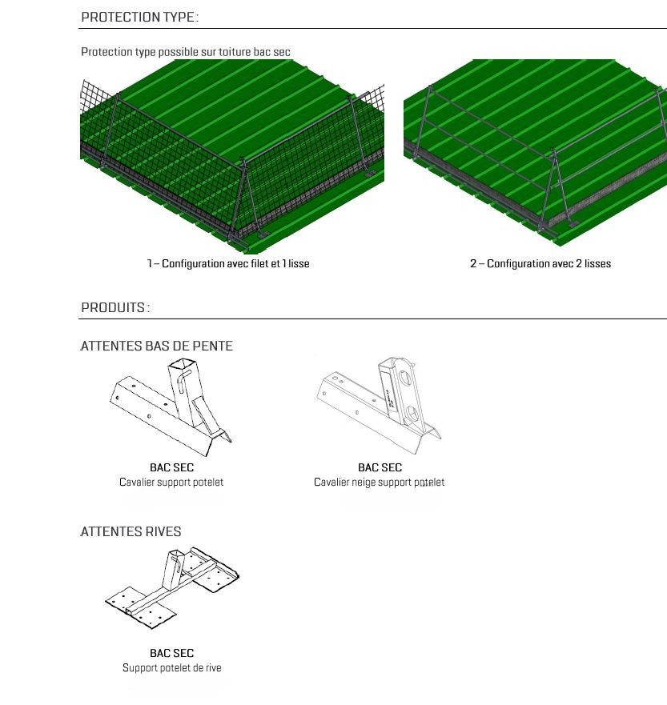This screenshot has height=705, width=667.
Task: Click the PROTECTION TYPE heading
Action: pos(139,17)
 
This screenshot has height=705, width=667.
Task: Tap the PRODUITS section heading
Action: pos(115,307)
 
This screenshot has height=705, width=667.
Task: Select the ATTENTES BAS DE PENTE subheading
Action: pos(156,346)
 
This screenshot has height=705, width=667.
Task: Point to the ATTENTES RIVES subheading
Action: pos(131,531)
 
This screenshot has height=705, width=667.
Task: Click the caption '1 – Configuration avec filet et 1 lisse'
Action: pos(228,263)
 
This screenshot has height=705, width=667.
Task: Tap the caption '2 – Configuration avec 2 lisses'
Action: pos(540,263)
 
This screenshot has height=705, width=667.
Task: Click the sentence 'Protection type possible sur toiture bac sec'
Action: pos(185,52)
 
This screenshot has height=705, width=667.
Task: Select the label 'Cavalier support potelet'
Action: pos(171,482)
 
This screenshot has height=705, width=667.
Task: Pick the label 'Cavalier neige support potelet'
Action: pos(380,482)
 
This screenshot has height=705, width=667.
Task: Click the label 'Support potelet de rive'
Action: pos(172,667)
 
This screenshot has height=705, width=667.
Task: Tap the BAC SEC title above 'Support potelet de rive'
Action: pos(172,653)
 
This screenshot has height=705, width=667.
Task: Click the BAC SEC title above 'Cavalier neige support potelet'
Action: pos(380,467)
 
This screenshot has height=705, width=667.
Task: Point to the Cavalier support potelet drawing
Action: pos(171,407)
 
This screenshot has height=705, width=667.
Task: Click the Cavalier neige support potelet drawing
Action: pos(379,406)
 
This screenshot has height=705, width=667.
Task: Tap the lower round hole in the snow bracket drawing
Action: pos(412,413)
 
